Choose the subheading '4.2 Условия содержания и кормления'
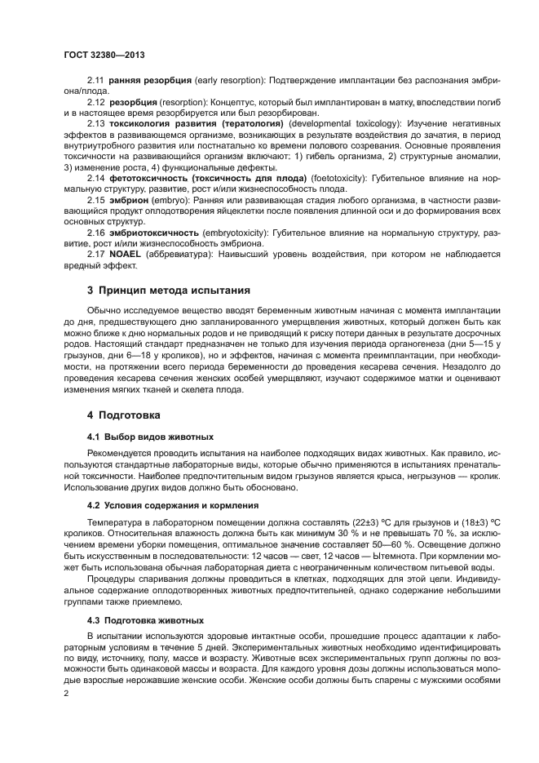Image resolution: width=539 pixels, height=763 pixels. [x=173, y=505]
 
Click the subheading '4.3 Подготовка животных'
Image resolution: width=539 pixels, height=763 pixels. [x=145, y=619]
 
